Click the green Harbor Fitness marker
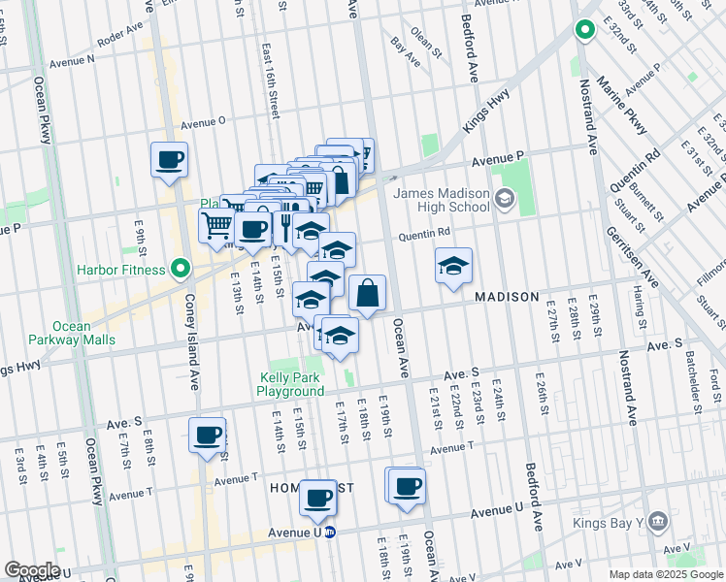[180, 268]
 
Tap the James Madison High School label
[442, 200]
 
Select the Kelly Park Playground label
[290, 384]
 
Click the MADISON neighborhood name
[506, 297]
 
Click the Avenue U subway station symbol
[330, 532]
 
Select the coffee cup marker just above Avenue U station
[317, 499]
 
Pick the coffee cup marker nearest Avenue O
[169, 160]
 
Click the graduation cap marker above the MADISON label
[452, 268]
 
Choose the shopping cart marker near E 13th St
[217, 226]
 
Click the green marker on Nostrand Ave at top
[585, 31]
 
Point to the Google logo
[32, 569]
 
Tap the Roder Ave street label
[120, 39]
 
